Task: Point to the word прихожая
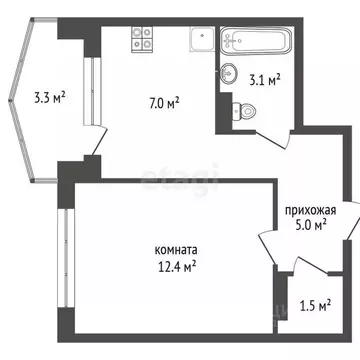(310, 210)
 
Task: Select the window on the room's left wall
(66, 251)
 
